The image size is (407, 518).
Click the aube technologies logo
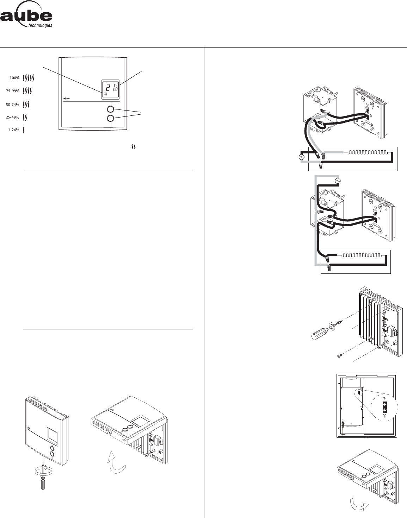pos(26,18)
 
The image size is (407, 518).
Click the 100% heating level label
pos(14,78)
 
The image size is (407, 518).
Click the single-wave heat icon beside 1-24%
pos(24,130)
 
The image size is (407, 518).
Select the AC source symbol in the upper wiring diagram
pos(302,157)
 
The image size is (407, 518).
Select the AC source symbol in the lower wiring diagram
pos(337,181)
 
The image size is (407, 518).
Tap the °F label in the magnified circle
pos(384,398)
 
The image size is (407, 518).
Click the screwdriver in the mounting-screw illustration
pos(320,331)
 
